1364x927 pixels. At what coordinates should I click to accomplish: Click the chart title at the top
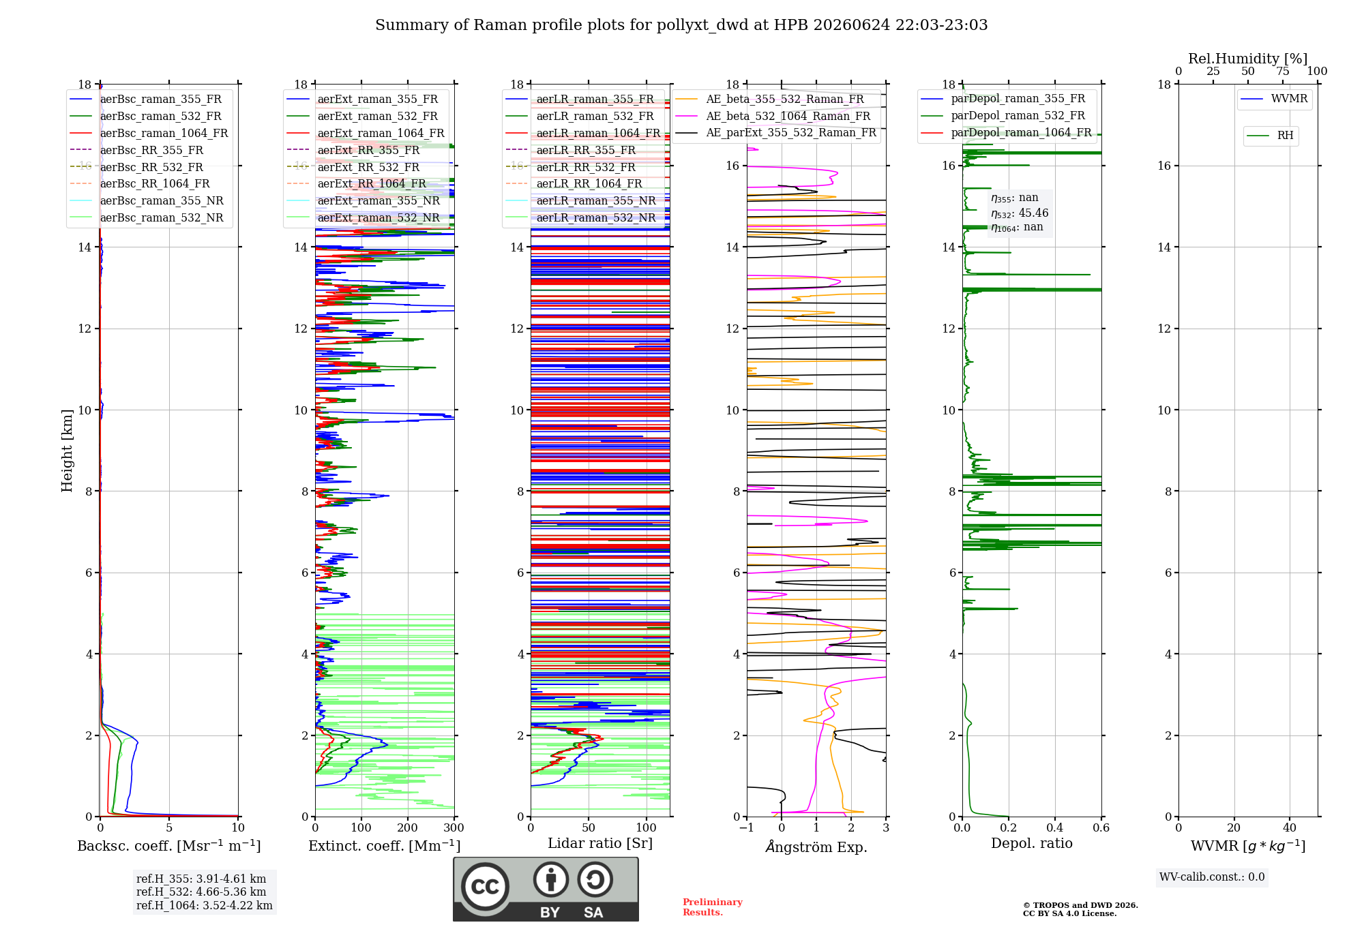[x=681, y=25]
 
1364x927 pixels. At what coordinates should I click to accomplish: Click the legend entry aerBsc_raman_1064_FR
[x=149, y=133]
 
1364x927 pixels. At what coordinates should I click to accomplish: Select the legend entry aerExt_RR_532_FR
[x=353, y=167]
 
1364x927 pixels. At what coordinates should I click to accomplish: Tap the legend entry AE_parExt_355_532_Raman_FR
[x=776, y=132]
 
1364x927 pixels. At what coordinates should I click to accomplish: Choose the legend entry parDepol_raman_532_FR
[x=1003, y=116]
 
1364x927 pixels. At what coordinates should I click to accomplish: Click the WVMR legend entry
[x=1275, y=99]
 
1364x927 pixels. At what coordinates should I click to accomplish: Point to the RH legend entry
[x=1271, y=136]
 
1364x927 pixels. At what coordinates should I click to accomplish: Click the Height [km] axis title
[x=67, y=451]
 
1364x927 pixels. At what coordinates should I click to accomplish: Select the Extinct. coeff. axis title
[x=385, y=846]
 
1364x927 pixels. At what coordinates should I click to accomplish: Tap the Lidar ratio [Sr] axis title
[x=600, y=843]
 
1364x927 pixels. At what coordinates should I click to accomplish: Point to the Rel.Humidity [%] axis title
[x=1248, y=59]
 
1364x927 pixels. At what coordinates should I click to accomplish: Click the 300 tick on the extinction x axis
[x=454, y=827]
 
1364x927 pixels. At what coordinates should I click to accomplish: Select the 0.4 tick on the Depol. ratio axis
[x=1055, y=827]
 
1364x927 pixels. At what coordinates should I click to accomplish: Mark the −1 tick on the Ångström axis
[x=747, y=827]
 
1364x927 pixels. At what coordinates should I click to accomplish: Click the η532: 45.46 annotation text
[x=1020, y=213]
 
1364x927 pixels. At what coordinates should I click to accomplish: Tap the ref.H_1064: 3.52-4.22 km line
[x=205, y=905]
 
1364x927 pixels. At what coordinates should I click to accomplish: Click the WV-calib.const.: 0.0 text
[x=1212, y=877]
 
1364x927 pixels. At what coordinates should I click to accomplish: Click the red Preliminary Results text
[x=713, y=907]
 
